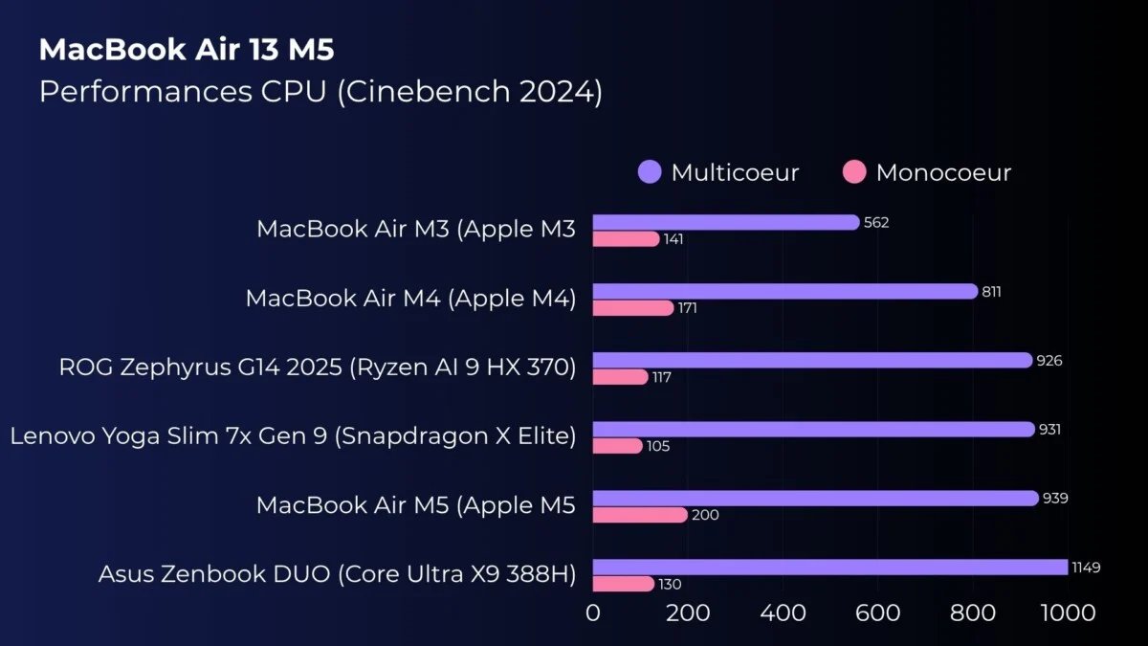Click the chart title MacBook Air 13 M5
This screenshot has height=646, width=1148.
187,51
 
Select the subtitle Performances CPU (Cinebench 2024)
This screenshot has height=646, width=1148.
320,93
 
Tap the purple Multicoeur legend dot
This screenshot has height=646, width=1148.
650,172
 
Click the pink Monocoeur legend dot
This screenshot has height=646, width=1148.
854,172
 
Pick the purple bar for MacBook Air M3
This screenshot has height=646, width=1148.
725,222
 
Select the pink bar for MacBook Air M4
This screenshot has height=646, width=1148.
633,308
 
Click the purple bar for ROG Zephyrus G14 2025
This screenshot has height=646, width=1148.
812,360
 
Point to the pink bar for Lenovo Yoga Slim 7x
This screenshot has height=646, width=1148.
617,446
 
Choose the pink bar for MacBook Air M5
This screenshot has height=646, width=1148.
639,515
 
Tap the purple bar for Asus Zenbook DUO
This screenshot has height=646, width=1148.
829,568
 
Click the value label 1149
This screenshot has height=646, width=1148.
1086,568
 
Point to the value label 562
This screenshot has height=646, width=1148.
876,223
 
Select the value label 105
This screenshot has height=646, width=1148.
659,446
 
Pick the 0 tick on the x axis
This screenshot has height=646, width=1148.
593,612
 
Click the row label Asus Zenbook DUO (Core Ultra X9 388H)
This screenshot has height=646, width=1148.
337,574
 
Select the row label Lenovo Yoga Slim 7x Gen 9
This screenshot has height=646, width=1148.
293,436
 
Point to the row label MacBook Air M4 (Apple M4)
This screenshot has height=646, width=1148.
410,299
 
